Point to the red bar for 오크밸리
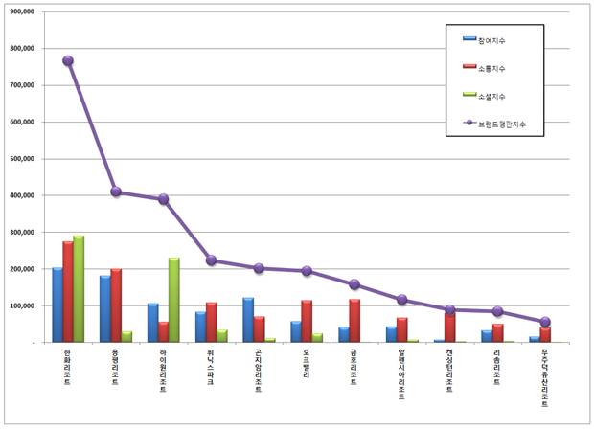pyautogui.click(x=307, y=322)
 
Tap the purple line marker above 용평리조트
pyautogui.click(x=116, y=192)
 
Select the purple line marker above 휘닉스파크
pyautogui.click(x=211, y=260)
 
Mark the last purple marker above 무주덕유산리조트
pyautogui.click(x=545, y=322)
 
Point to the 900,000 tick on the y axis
pyautogui.click(x=20, y=11)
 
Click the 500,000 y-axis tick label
pyautogui.click(x=20, y=159)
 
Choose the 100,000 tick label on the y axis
pyautogui.click(x=20, y=305)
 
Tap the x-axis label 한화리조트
pyautogui.click(x=67, y=369)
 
